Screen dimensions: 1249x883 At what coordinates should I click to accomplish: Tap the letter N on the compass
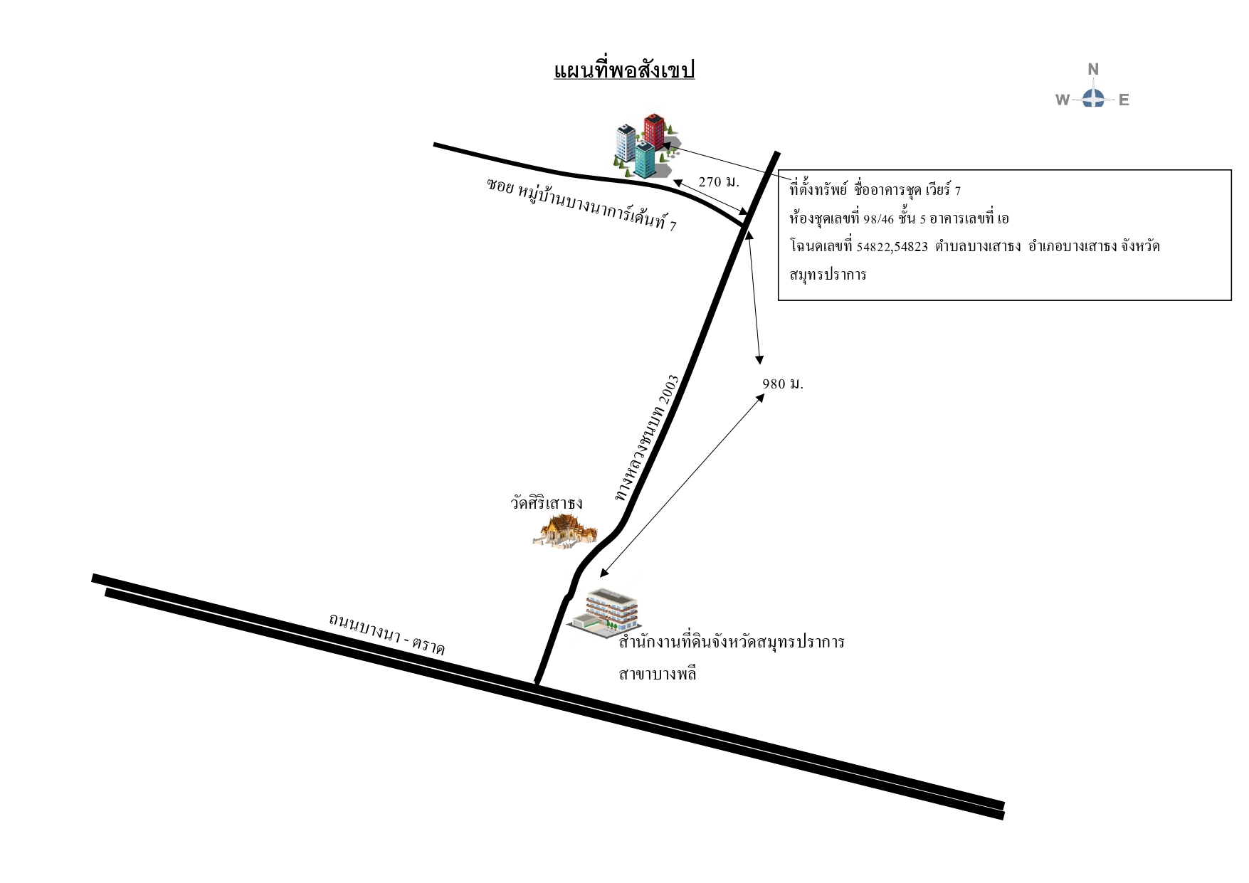click(x=1093, y=69)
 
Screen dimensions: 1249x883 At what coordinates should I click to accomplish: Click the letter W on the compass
click(x=1063, y=100)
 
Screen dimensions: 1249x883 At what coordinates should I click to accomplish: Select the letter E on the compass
click(x=1124, y=100)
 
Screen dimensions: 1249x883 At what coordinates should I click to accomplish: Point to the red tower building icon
click(x=655, y=129)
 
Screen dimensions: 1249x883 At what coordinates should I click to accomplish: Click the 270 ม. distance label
click(x=719, y=181)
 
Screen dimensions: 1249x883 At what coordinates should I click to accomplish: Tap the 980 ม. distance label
click(x=783, y=384)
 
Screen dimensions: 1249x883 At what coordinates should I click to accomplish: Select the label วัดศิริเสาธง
click(x=547, y=502)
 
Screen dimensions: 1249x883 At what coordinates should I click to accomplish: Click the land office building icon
click(x=604, y=610)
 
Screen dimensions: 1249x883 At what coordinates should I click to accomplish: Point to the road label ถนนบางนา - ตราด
click(x=386, y=634)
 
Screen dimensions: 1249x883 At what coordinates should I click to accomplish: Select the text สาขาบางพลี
click(x=658, y=673)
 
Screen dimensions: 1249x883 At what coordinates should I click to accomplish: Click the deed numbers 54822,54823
click(x=892, y=247)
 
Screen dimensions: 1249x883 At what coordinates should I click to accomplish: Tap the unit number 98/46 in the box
click(x=878, y=219)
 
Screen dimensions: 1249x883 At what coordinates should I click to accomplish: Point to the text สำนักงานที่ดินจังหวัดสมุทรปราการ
click(x=732, y=642)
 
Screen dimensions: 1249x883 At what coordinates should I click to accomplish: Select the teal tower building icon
click(x=645, y=159)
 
